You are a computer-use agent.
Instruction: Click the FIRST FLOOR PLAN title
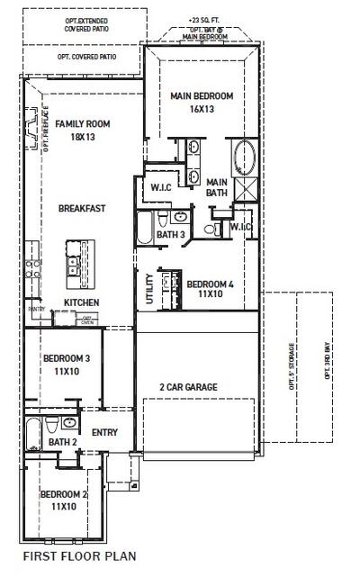click(79, 556)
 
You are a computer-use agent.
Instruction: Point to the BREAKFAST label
click(82, 209)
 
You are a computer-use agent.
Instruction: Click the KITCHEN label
click(81, 302)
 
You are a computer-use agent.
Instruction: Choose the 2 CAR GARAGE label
click(189, 387)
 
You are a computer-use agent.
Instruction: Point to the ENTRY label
click(104, 433)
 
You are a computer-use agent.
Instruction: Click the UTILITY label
click(148, 290)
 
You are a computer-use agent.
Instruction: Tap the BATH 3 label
click(170, 235)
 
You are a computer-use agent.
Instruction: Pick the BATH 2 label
click(62, 442)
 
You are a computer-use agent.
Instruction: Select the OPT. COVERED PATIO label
click(87, 57)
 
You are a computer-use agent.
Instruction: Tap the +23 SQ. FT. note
click(204, 19)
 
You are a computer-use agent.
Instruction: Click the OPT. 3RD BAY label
click(327, 358)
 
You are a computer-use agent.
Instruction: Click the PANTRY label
click(37, 309)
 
